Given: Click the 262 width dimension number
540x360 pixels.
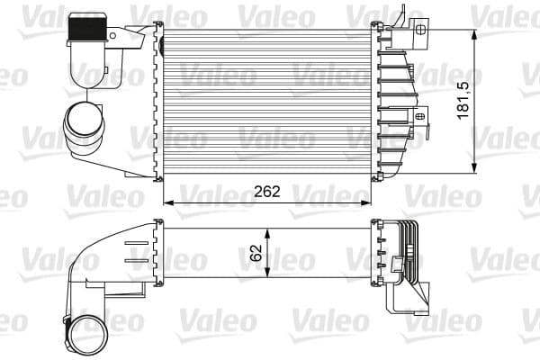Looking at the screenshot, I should coord(267,192).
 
